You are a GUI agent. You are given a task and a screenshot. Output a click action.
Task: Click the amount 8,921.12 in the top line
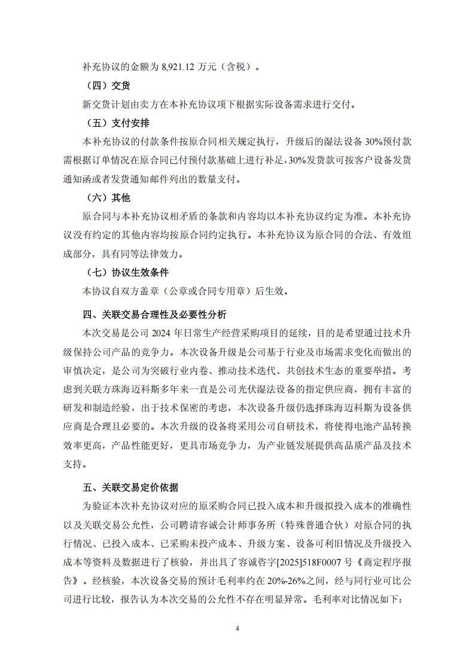(x=181, y=67)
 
